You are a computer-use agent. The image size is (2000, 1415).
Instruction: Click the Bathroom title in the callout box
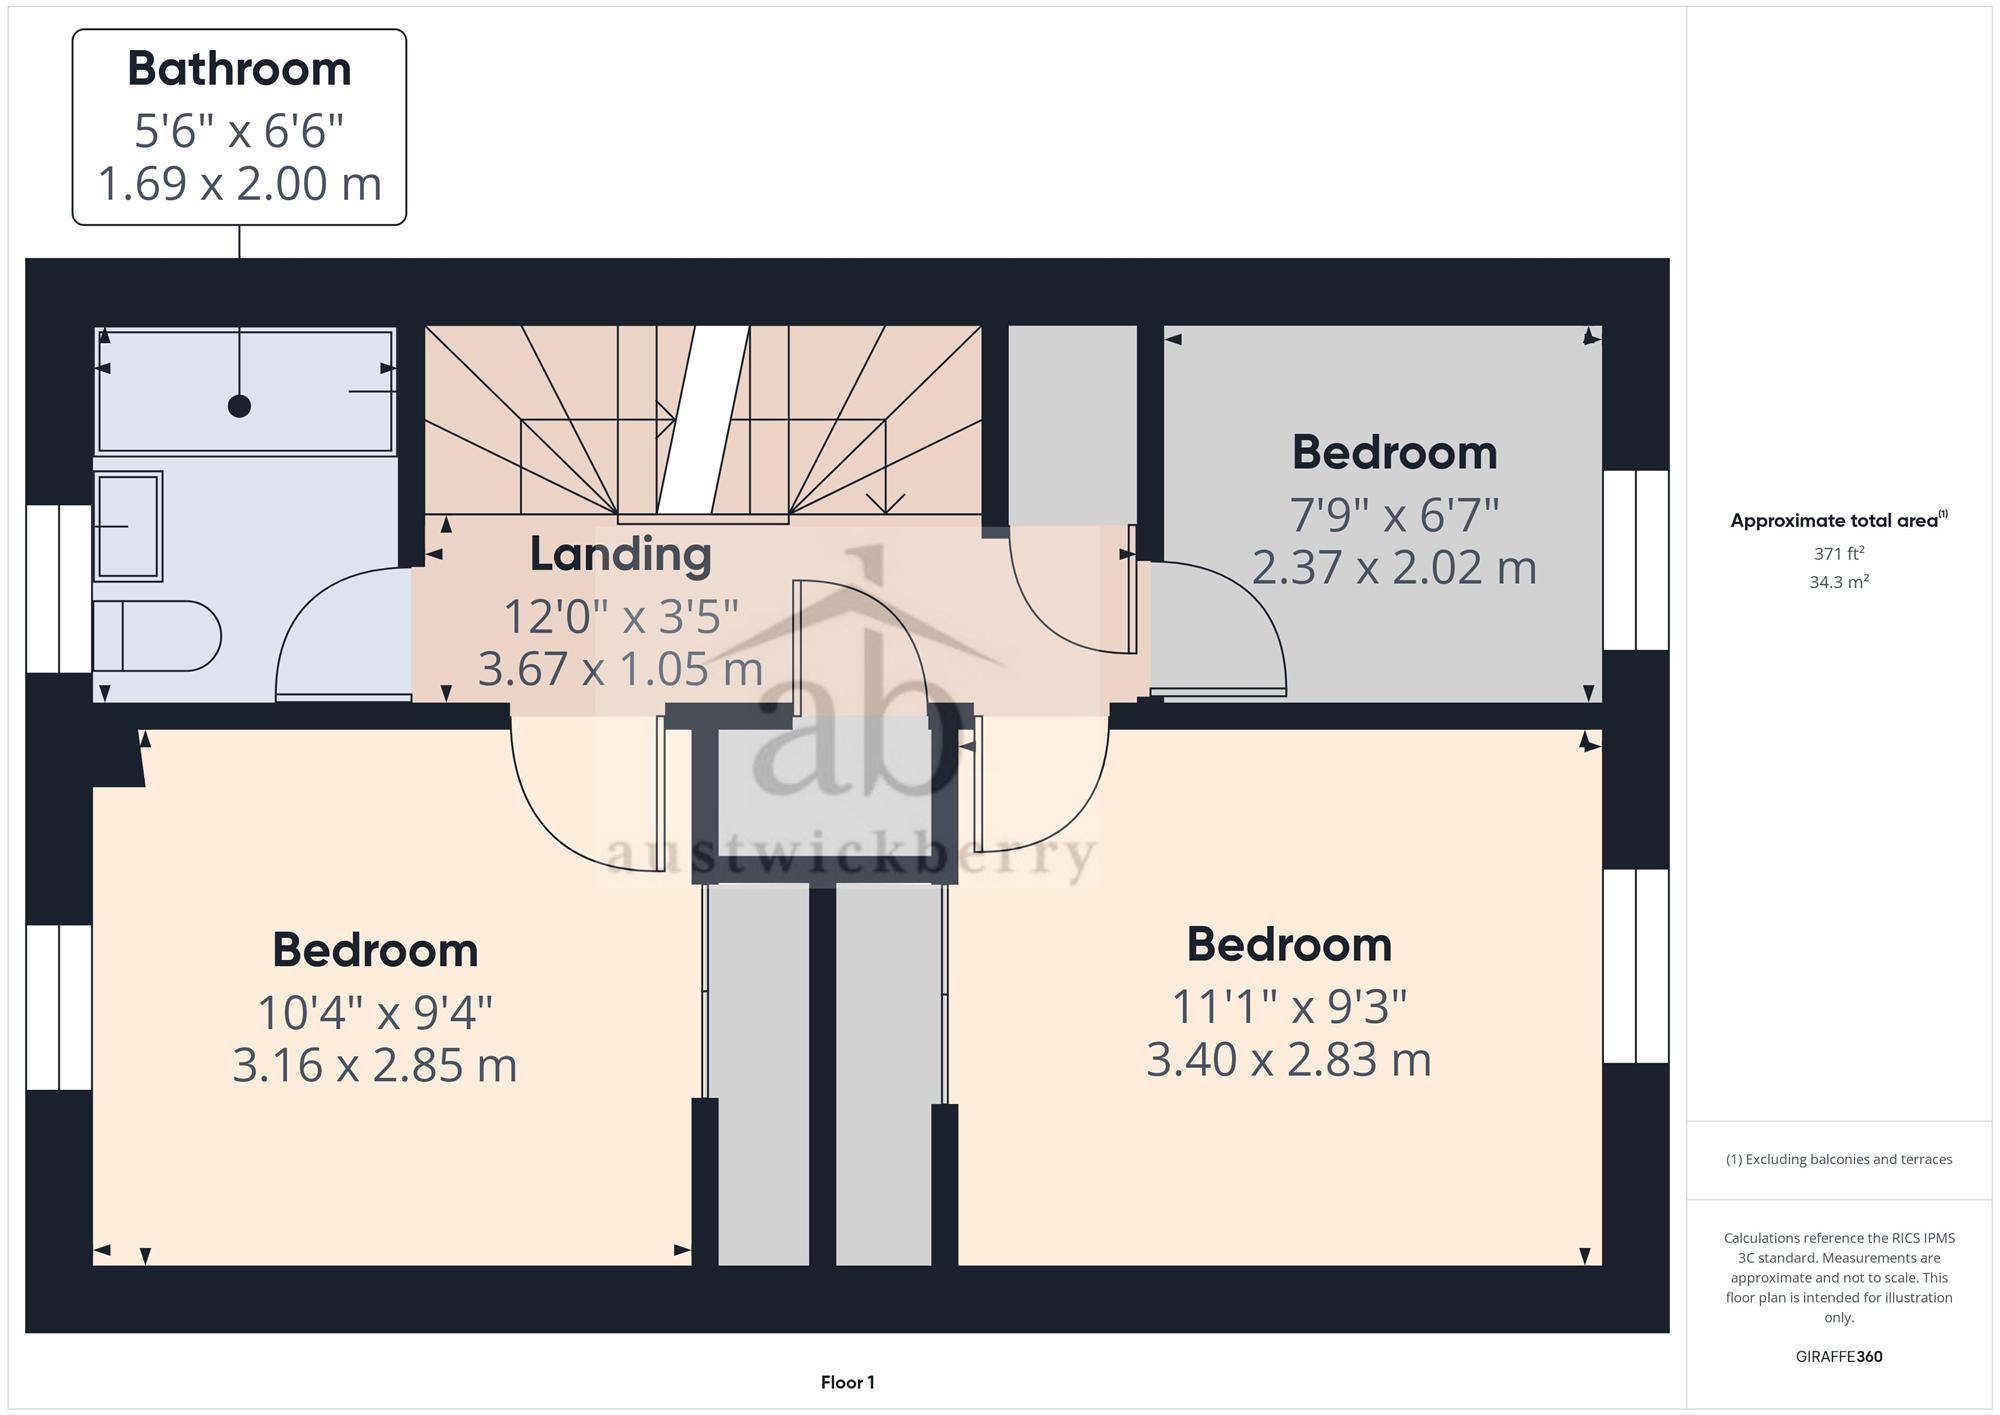point(239,69)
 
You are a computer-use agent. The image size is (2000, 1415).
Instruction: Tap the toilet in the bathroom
point(157,636)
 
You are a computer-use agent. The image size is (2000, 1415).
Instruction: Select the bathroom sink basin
point(128,526)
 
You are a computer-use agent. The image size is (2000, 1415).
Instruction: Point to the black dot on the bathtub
point(239,406)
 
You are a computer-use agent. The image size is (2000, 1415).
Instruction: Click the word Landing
point(620,555)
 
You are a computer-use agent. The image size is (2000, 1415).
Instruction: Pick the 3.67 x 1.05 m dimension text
point(620,669)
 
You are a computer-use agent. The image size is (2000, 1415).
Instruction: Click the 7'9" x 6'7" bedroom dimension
point(1394,516)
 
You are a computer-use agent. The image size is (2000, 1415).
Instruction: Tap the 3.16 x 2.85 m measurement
point(375,1065)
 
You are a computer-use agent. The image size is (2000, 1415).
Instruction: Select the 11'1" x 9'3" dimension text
point(1289,1006)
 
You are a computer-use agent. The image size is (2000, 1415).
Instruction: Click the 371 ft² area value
point(1839,553)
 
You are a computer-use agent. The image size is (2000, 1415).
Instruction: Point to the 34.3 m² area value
point(1839,581)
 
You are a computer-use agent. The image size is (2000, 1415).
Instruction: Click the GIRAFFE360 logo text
point(1839,1357)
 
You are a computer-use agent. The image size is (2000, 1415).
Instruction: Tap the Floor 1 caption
point(848,1383)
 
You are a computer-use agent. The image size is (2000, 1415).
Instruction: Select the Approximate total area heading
point(1839,520)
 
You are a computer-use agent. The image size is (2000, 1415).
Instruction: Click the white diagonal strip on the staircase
point(703,420)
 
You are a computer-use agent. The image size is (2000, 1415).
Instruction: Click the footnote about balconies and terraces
point(1839,1160)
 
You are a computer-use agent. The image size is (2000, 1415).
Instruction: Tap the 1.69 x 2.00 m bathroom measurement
point(239,184)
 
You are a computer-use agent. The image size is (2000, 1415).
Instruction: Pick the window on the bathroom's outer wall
point(59,589)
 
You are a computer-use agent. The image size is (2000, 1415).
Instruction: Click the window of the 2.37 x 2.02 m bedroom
point(1636,560)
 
